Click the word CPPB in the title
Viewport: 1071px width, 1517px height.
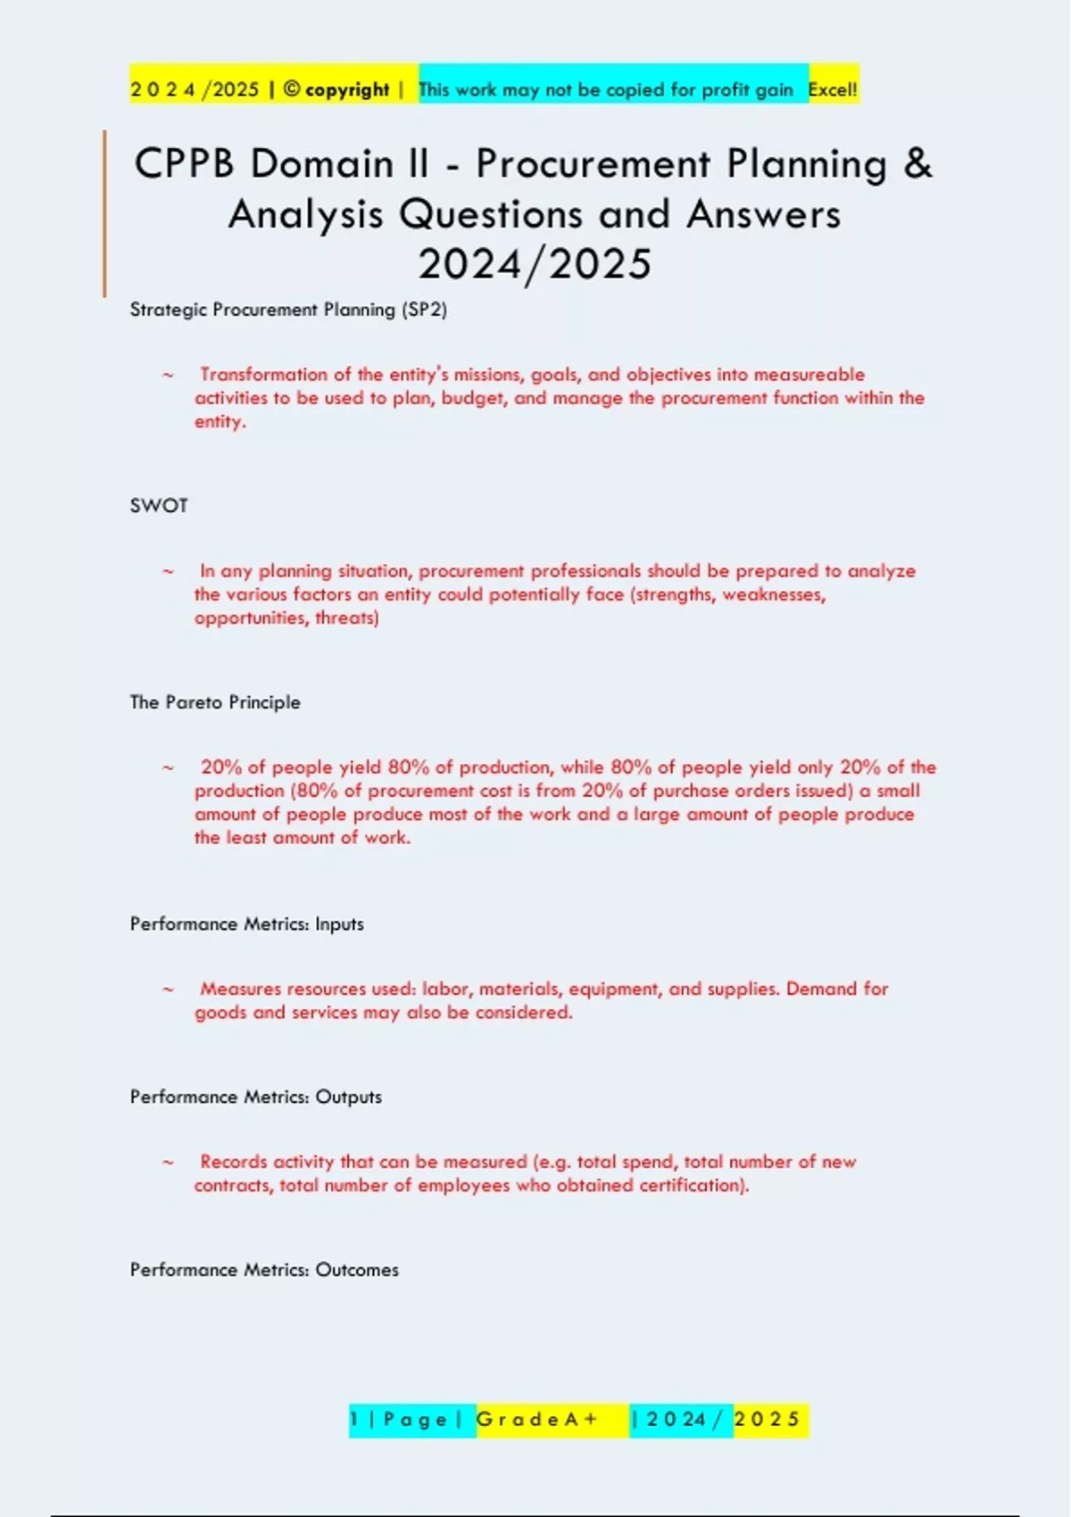(184, 164)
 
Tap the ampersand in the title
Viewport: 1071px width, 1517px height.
(917, 164)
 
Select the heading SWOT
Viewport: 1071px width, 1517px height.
(159, 506)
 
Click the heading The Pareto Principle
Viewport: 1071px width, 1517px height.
(215, 702)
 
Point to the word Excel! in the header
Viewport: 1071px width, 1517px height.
(833, 89)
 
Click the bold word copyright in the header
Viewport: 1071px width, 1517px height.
(347, 89)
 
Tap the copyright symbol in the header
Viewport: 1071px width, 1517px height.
(291, 89)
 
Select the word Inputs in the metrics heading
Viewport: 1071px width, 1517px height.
(339, 924)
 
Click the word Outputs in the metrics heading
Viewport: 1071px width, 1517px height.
(348, 1097)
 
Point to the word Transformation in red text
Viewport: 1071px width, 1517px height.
(263, 375)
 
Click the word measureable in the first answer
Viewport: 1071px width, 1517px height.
(809, 375)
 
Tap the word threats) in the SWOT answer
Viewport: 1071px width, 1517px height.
(347, 618)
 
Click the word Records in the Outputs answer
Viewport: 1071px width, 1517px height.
(233, 1162)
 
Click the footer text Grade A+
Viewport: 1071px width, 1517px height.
(537, 1419)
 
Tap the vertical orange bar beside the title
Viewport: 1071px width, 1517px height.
(104, 213)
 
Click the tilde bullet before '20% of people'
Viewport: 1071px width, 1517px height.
(168, 767)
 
